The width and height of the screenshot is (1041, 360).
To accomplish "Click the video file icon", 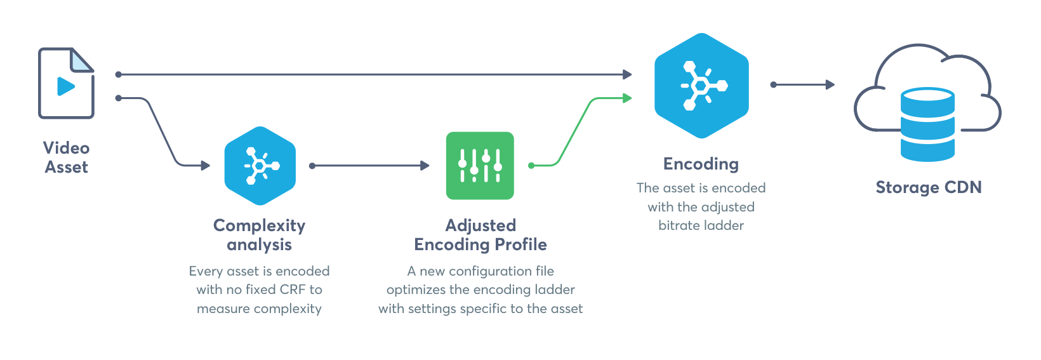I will [66, 83].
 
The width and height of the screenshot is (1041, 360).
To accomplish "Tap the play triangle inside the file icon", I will [65, 86].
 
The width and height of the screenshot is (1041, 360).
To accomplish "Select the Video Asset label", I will [66, 157].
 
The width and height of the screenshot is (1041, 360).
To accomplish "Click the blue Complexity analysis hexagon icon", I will [260, 166].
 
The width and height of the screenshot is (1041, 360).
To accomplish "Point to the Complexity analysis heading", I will [259, 235].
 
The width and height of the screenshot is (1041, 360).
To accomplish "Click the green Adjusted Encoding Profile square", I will [480, 166].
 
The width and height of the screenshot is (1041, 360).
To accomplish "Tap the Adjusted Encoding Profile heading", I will [481, 235].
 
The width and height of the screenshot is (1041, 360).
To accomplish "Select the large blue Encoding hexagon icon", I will [701, 85].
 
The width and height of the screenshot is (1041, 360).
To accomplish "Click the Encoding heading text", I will [701, 164].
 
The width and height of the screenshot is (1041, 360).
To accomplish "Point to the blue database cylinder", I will [927, 124].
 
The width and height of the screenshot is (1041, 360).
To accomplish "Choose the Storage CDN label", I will [928, 187].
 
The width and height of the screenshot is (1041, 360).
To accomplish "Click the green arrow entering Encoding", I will [578, 127].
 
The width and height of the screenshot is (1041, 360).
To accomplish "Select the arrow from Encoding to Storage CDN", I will [803, 84].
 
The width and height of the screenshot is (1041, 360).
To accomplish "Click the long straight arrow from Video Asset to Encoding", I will [375, 74].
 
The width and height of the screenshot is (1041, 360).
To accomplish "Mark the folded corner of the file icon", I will [82, 60].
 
